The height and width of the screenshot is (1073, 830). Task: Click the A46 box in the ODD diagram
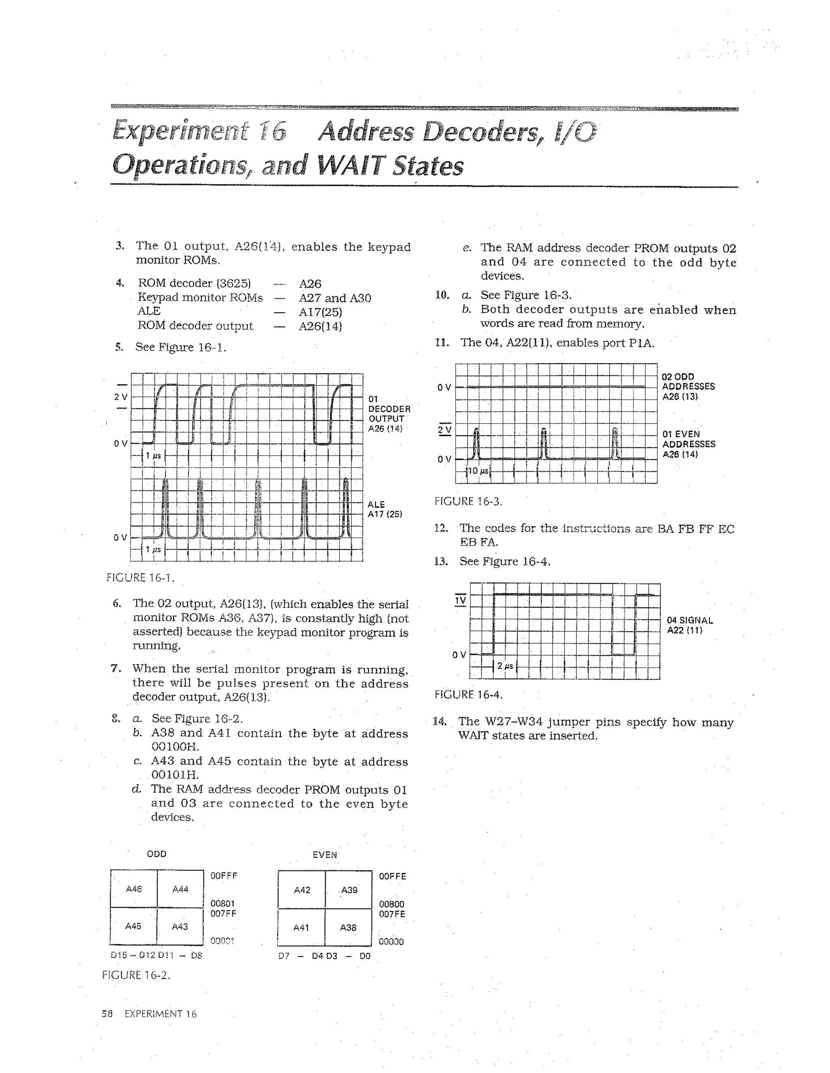134,889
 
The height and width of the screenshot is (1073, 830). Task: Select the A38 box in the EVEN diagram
348,928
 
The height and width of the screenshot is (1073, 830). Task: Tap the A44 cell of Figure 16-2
180,889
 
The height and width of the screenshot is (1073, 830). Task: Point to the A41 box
301,928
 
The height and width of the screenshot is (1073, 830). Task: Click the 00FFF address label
224,876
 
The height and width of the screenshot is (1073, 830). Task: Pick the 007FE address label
392,914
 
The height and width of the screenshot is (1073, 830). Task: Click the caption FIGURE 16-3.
468,501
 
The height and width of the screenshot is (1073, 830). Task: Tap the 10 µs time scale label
477,471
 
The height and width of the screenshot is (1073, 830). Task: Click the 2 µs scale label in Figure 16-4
505,666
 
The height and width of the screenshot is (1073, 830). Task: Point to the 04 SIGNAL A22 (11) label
689,626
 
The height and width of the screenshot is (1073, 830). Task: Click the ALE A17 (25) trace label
385,509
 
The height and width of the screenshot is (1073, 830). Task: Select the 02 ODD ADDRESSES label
688,387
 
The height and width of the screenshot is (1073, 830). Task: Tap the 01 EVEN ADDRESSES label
689,444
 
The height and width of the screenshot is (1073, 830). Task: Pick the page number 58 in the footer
107,1014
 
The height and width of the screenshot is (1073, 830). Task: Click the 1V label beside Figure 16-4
460,601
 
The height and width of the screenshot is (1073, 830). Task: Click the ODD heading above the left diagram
156,854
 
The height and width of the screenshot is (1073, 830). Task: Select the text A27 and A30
335,298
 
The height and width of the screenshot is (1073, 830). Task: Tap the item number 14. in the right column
440,722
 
